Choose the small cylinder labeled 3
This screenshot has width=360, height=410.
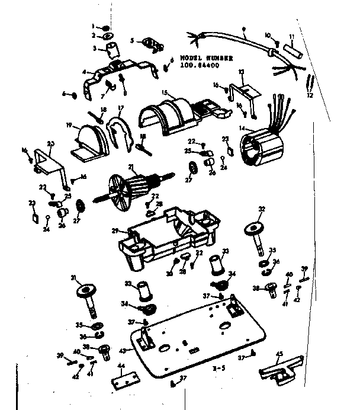coord(111,47)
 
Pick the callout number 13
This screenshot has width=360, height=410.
coord(241,72)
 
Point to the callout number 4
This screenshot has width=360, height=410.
coord(85,72)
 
